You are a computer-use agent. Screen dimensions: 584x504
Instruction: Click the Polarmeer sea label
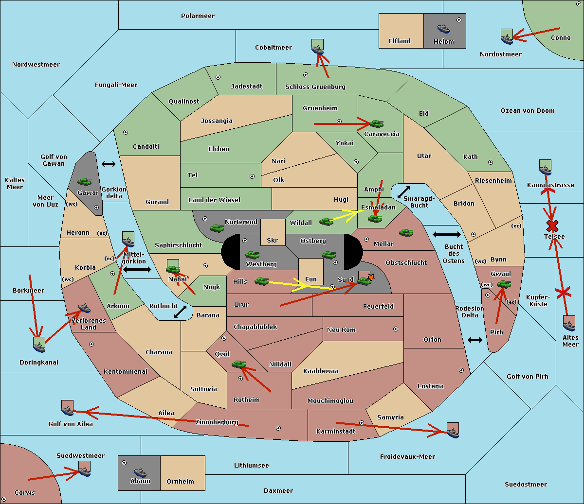tap(198, 16)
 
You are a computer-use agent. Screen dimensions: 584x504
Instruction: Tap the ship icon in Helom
tap(443, 28)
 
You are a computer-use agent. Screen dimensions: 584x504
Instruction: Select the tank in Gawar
tap(84, 181)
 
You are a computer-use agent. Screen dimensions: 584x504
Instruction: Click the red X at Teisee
tap(552, 226)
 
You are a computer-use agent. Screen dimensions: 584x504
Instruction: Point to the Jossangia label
tap(217, 121)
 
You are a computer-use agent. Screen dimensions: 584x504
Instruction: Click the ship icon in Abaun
tap(140, 472)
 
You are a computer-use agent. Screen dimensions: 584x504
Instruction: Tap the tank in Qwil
tap(238, 364)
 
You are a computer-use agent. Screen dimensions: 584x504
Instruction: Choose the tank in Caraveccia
tap(376, 123)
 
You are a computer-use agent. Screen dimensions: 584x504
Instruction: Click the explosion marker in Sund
tap(371, 277)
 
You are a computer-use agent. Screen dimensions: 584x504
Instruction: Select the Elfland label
tap(400, 41)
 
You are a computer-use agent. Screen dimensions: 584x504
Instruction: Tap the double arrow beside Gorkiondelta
tap(109, 164)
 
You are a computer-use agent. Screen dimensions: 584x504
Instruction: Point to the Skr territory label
tap(273, 241)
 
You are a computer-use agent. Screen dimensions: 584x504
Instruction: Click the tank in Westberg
tap(252, 255)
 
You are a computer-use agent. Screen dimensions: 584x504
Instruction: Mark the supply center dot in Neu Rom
tap(396, 329)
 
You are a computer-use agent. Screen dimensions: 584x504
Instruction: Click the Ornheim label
tap(180, 481)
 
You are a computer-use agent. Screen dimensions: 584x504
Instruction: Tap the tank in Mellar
tap(406, 232)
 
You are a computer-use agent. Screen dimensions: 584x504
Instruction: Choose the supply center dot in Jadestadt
tap(218, 77)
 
